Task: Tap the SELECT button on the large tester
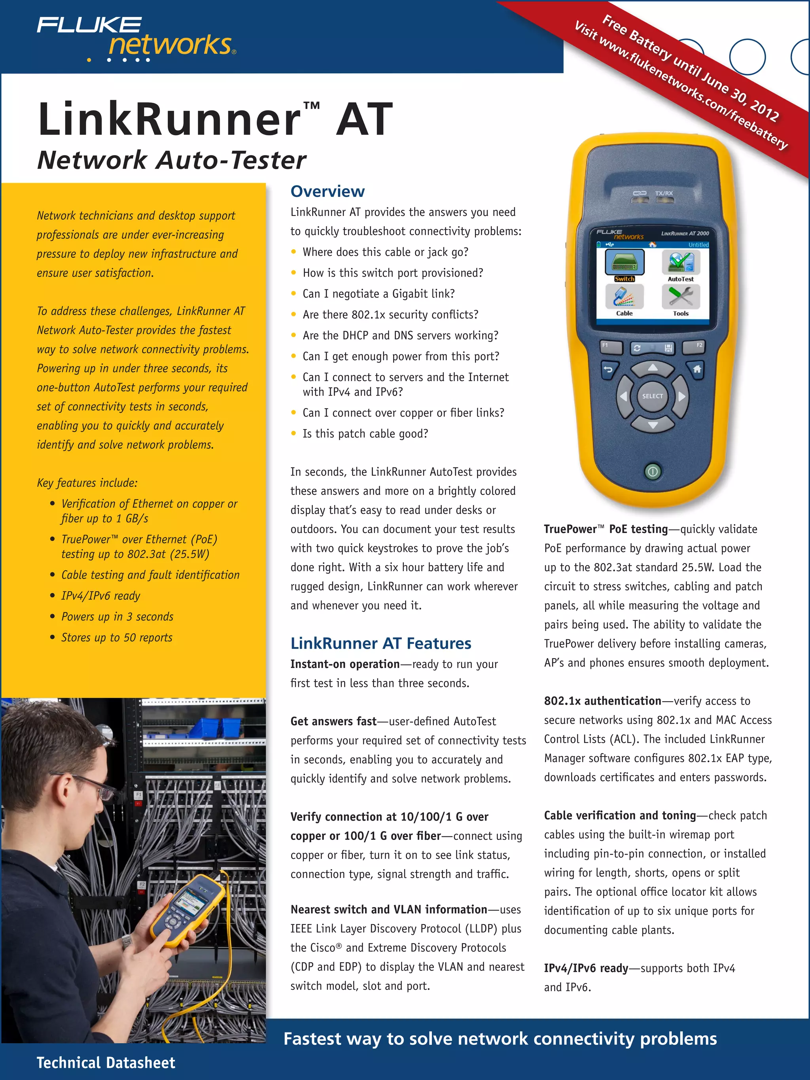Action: (652, 396)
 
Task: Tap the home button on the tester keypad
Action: (697, 369)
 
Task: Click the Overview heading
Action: (327, 191)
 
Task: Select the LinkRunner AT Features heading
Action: (380, 643)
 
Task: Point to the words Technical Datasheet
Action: (106, 1063)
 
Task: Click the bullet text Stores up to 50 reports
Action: (117, 637)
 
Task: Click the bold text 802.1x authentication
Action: (602, 701)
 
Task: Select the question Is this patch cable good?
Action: (365, 433)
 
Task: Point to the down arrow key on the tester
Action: (652, 425)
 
